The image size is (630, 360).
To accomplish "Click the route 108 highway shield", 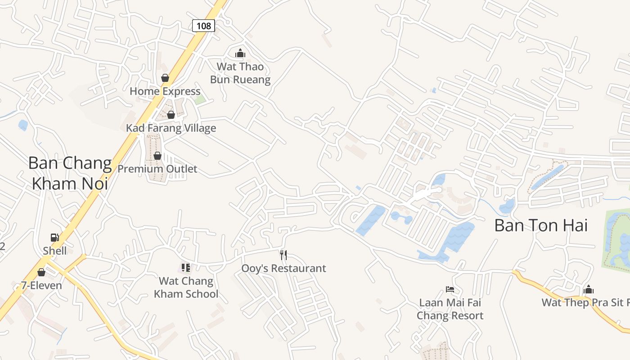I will coord(203,26).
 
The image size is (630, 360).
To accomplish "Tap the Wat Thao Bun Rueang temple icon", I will coord(240,54).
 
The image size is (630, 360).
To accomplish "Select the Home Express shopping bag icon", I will coord(165,78).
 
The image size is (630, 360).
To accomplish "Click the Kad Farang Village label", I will coord(171,128).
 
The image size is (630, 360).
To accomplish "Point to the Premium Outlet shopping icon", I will coord(157,156).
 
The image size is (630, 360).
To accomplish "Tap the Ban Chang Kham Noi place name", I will coord(70,173).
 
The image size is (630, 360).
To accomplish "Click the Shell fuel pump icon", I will coord(54,237).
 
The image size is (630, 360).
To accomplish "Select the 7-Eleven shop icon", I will coord(41,272).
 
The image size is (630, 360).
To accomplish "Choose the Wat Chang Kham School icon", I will coord(186,268).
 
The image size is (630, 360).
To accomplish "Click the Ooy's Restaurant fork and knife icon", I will coord(283,255).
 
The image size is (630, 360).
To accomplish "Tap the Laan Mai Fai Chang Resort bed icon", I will coord(450,289).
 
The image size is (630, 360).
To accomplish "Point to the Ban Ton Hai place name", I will coord(541,225).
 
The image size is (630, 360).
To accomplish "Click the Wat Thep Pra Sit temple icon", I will coord(588,289).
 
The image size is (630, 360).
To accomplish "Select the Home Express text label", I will coord(165,91).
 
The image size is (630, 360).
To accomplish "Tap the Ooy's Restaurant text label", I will coord(283,269).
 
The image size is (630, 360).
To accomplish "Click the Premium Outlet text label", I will coord(157,169).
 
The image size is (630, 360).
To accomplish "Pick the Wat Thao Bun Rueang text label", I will coord(240,73).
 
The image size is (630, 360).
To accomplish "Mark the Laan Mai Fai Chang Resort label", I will coord(450,309).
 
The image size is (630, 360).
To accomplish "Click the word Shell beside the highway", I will coord(55,251).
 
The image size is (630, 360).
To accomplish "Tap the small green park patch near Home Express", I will coord(200,99).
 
